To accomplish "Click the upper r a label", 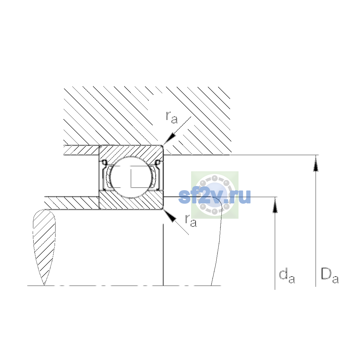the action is (x=172, y=117).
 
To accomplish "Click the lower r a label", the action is (x=191, y=220).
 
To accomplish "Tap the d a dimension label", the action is (x=287, y=276).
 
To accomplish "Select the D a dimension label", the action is (x=330, y=276).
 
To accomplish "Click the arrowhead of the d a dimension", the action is (x=275, y=205).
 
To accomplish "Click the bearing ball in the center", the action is (x=131, y=177).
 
